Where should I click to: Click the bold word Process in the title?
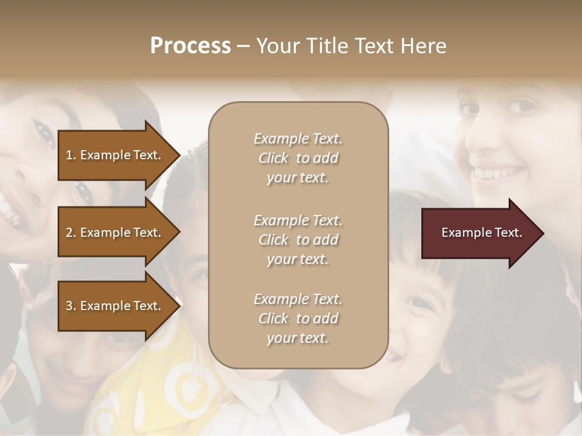coord(190,46)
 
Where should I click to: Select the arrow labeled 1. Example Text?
coord(115,155)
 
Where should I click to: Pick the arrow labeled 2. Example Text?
coord(115,233)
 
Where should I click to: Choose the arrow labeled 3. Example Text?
coord(115,306)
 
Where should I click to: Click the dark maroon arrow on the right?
coord(479,233)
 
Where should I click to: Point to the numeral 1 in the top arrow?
coord(69,155)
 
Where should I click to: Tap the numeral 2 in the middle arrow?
coord(69,233)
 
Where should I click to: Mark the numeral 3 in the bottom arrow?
coord(69,306)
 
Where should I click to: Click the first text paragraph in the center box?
coord(298,158)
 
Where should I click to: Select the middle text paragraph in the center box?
coord(298,240)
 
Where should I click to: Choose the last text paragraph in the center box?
coord(298,319)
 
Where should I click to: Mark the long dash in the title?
coord(243,47)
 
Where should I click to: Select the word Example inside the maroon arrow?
coord(462,233)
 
